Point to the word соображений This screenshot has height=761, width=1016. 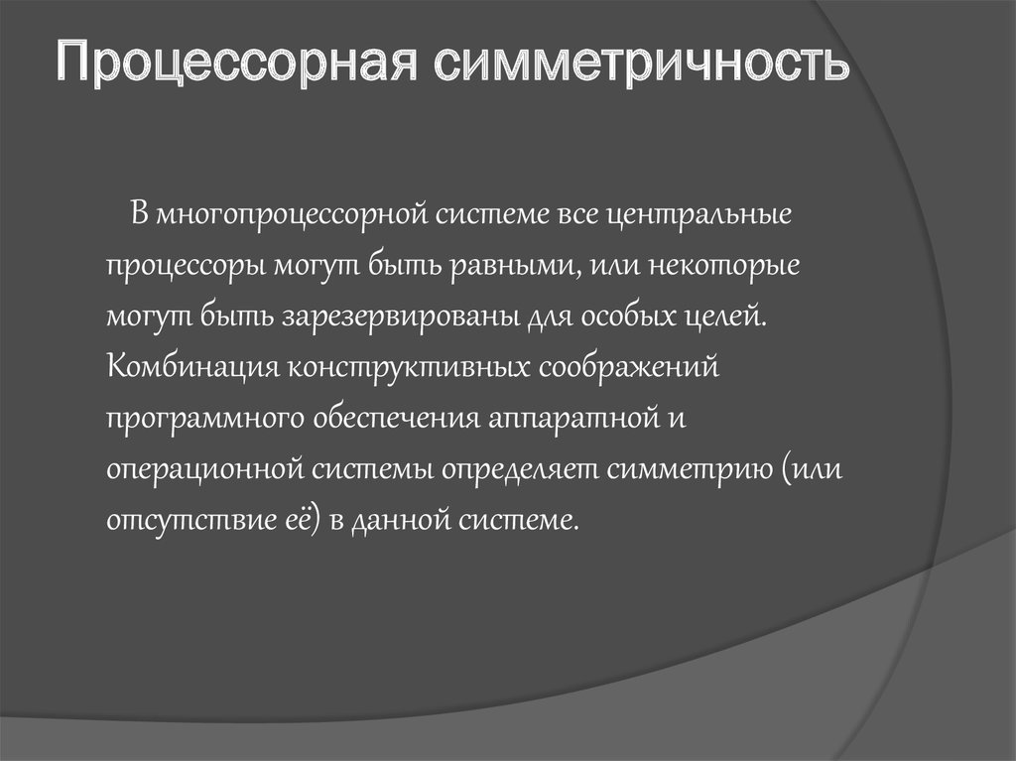[627, 368]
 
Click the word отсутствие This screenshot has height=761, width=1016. [179, 520]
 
